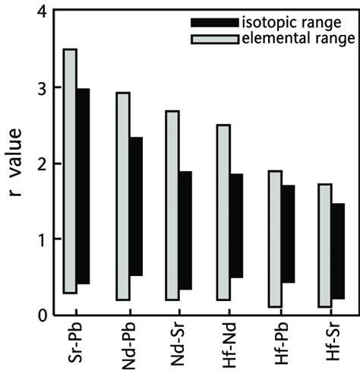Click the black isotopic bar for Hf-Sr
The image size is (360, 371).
click(x=338, y=251)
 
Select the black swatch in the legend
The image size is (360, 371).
click(x=216, y=22)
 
